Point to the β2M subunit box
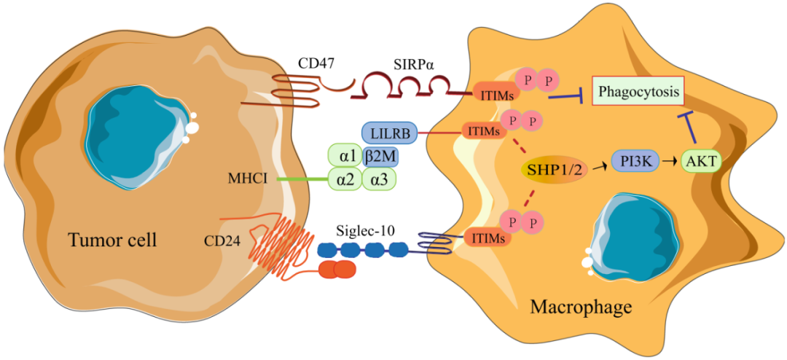coord(380,157)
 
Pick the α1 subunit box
coord(345,157)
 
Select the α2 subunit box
coord(345,179)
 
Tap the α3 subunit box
coord(379,179)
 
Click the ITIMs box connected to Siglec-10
coord(488,237)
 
